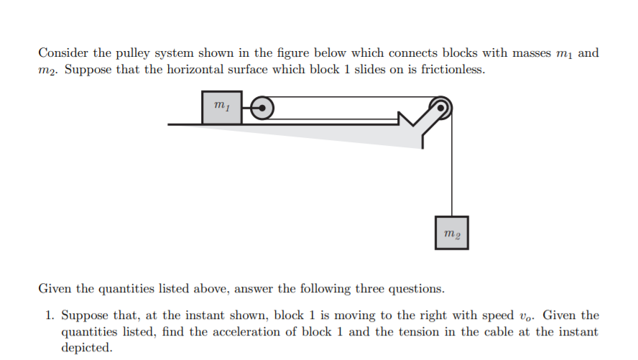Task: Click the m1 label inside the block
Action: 221,106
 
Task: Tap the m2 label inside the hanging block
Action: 451,233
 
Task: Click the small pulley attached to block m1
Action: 262,108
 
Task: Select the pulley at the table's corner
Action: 441,108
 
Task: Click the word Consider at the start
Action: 62,53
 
